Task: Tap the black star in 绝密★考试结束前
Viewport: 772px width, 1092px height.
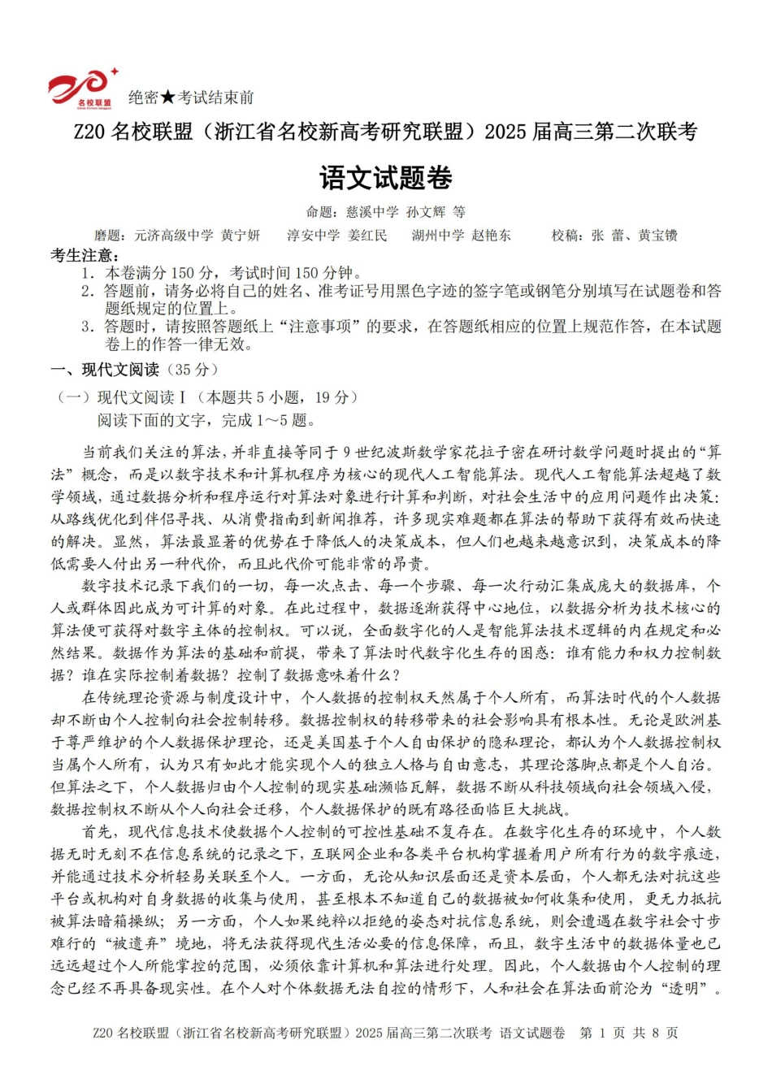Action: [x=167, y=97]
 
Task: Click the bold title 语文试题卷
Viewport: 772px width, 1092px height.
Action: [x=386, y=178]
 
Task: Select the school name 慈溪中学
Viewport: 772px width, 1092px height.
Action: [x=372, y=212]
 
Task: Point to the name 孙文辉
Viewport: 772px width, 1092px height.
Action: [x=427, y=212]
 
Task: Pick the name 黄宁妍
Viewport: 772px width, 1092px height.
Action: [x=241, y=236]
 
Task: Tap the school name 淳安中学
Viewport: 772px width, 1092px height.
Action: [x=313, y=236]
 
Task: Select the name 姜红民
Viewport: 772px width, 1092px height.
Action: [x=367, y=236]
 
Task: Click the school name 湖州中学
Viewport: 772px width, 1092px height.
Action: [x=438, y=236]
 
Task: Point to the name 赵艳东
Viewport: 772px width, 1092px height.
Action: [x=492, y=236]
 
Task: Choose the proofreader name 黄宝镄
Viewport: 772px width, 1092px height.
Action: [x=657, y=236]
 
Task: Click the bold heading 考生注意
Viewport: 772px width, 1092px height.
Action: [x=80, y=254]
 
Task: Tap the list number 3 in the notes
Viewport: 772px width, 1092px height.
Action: [x=87, y=327]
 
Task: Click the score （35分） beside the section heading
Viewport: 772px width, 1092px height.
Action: [x=191, y=370]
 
